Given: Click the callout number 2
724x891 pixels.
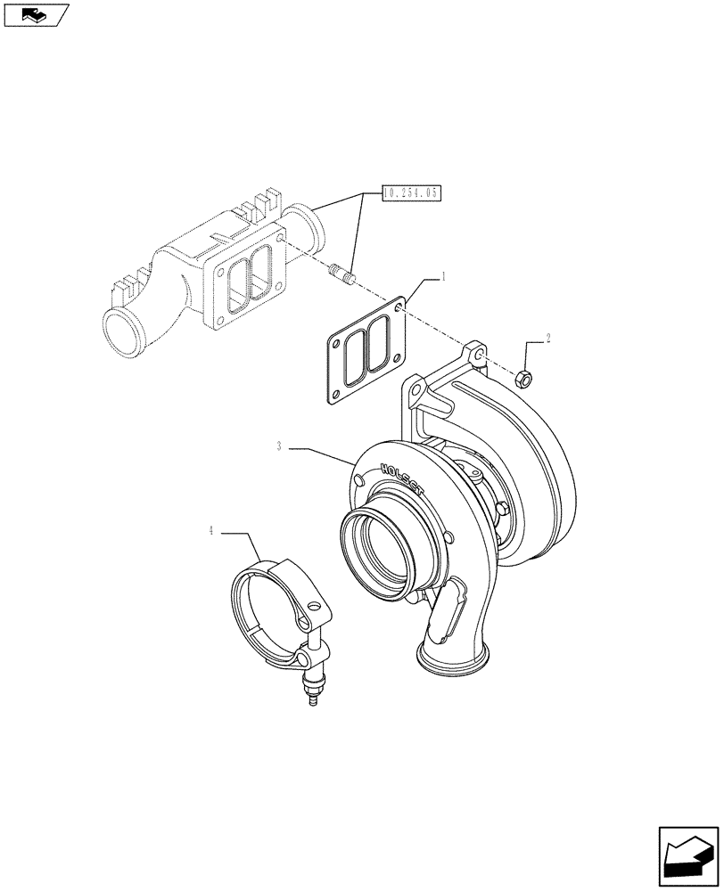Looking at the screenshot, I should coord(548,339).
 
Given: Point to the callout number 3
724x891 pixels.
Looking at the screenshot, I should coord(279,446).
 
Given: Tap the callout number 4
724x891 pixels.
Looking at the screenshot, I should coord(211,531).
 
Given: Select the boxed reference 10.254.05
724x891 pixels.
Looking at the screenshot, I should coord(413,192).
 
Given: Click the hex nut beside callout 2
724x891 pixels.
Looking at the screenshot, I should coord(525,379).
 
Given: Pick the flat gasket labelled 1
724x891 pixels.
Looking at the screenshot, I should coord(367,352).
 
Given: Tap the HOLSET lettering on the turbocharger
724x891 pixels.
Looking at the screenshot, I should coord(403,481).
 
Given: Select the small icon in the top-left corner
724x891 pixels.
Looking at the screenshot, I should coord(35,15).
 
